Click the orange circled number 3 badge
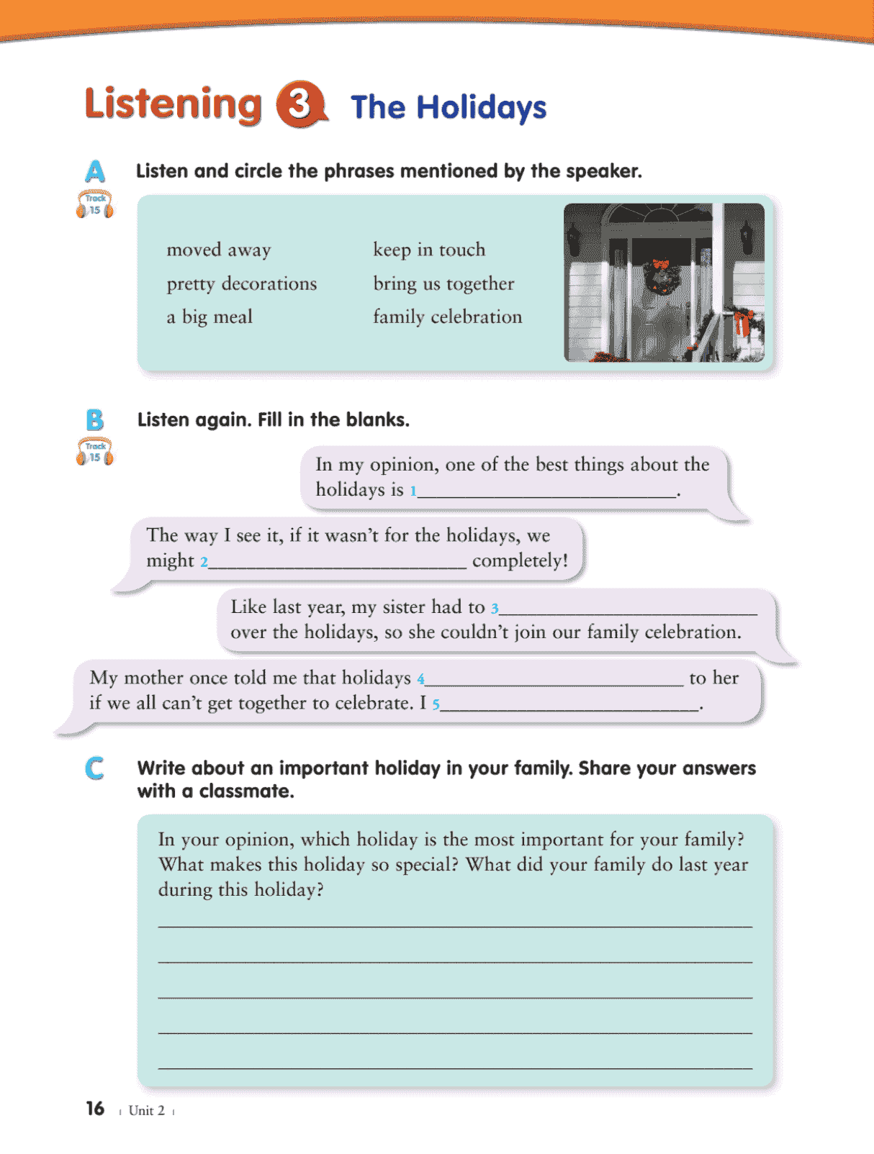coord(300,105)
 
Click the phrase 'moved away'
coord(219,250)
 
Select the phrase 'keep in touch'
coord(429,250)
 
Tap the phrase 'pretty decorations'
coord(242,284)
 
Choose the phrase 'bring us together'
coord(443,284)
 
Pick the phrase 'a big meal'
coord(210,317)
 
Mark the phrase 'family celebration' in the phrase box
coord(447,317)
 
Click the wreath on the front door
coord(661,278)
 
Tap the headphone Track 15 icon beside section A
coord(95,205)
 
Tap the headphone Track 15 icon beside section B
coord(95,452)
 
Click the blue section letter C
coord(94,768)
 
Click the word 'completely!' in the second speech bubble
coord(520,560)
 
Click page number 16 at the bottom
coord(95,1109)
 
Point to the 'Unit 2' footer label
coord(146,1111)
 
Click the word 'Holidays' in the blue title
coord(482,108)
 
